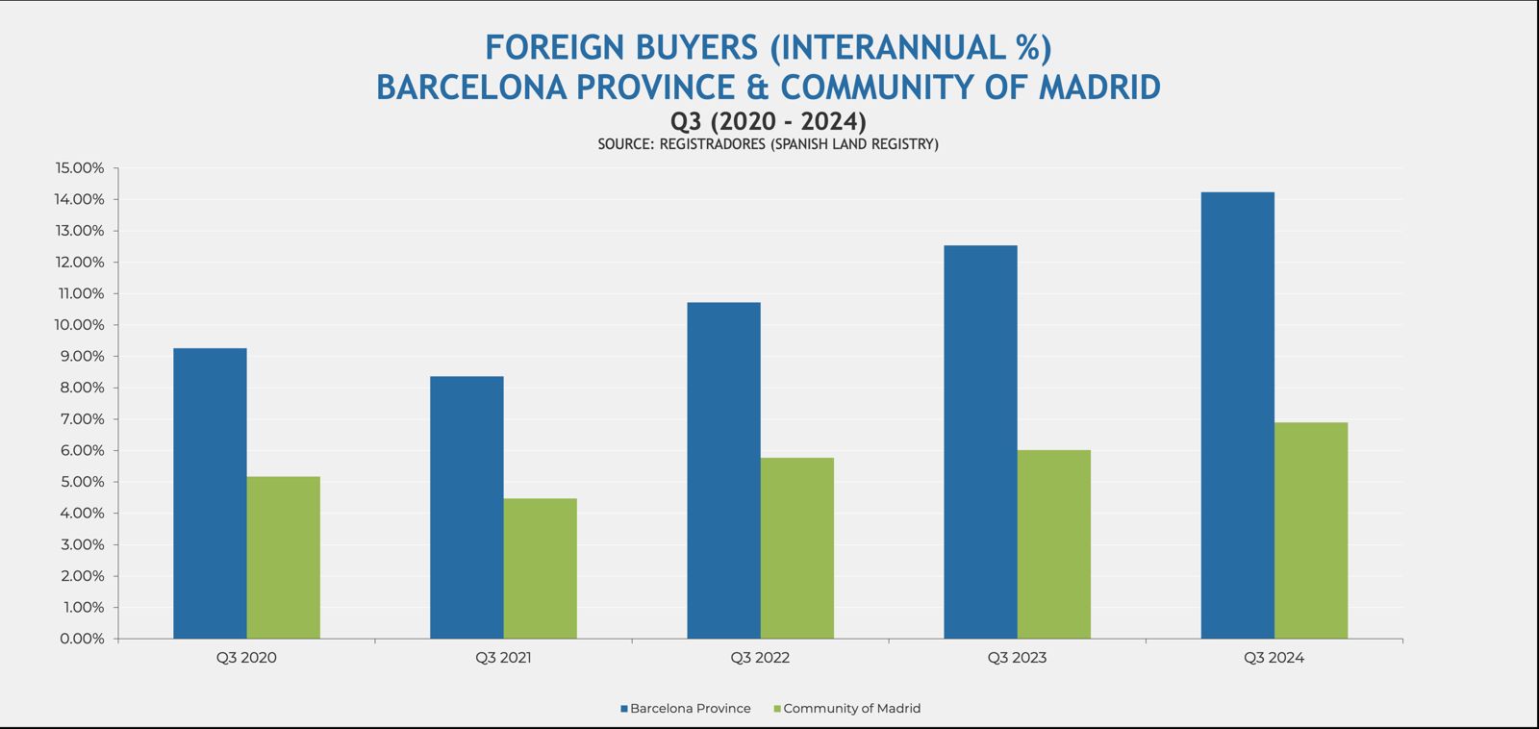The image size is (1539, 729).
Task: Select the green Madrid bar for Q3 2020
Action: [x=283, y=558]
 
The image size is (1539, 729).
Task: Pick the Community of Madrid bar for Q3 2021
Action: [x=540, y=568]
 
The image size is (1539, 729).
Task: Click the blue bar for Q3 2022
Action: [x=723, y=470]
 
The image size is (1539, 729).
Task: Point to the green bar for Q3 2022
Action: [x=796, y=548]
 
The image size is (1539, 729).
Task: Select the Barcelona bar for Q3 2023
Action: [x=980, y=442]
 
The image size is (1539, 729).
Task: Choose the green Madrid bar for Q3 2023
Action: [x=1053, y=544]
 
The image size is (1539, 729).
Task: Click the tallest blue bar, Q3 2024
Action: [x=1237, y=415]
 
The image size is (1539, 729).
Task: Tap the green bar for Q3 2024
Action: [x=1310, y=531]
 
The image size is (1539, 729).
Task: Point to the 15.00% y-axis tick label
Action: [x=80, y=168]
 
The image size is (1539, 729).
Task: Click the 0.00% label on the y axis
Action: [x=82, y=639]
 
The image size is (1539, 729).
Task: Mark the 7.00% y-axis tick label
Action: [x=82, y=419]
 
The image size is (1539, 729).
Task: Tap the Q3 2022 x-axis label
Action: [x=760, y=659]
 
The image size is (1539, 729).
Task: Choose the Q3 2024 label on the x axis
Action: [x=1274, y=659]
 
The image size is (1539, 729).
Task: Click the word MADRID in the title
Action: [x=1100, y=88]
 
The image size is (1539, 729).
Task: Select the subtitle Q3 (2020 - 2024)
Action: [x=769, y=122]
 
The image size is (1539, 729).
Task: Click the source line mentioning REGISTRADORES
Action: [x=769, y=144]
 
